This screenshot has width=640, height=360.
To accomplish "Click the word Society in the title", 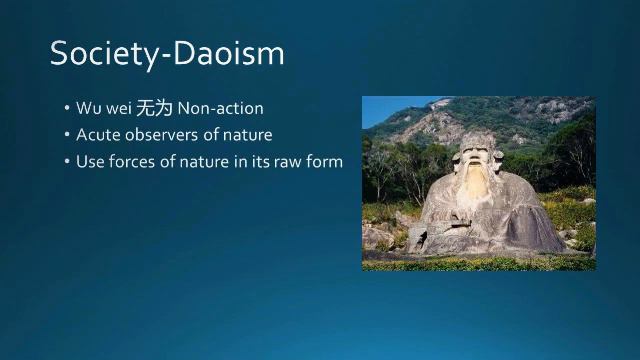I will coord(102,53).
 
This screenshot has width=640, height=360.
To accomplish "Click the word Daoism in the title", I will coord(227,53).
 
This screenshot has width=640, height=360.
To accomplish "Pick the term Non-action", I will coord(220,108).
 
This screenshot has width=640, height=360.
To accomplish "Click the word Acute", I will coord(97,134).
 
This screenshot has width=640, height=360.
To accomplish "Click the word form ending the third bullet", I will coord(326,160).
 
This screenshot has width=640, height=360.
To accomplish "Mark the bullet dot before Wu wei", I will coord(66,108).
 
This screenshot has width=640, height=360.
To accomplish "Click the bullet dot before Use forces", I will coord(66,160).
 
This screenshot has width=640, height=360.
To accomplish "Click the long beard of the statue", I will coord(471,195).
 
